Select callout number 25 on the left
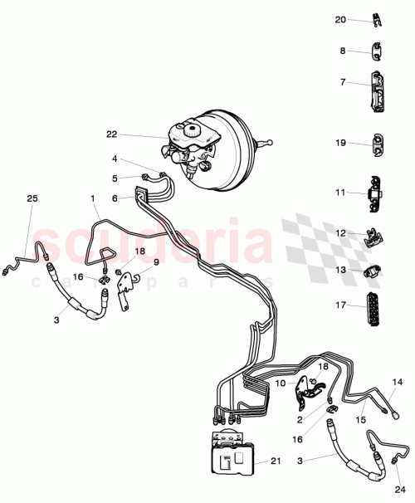pos(32,199)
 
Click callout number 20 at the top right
pos(340,19)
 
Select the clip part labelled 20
pos(375,18)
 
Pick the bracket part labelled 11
pos(378,196)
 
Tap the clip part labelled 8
pos(378,52)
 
